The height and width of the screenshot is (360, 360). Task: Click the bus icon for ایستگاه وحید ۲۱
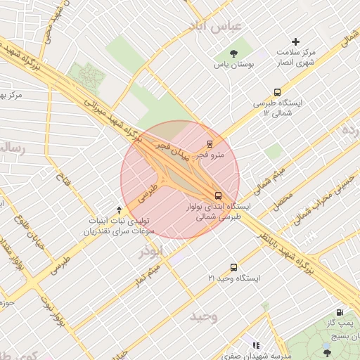click(x=234, y=267)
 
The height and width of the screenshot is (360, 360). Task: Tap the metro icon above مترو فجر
click(x=210, y=143)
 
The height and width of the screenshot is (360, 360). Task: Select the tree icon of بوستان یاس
click(x=234, y=53)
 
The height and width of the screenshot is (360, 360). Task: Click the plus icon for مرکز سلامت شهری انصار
click(x=295, y=43)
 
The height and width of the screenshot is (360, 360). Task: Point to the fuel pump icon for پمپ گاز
click(x=340, y=313)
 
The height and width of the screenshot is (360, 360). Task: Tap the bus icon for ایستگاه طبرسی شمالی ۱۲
click(x=277, y=91)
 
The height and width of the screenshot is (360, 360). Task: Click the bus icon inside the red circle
click(x=218, y=195)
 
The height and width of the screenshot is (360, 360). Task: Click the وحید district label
click(x=203, y=316)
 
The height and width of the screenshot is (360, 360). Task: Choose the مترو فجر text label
click(x=211, y=154)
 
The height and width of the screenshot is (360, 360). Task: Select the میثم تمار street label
click(x=150, y=275)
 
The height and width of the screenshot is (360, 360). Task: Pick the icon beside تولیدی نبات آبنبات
click(x=119, y=209)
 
